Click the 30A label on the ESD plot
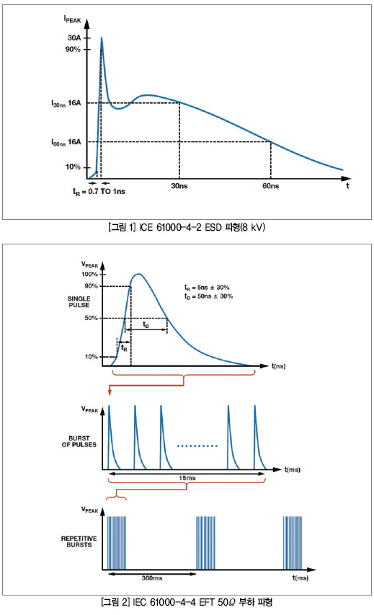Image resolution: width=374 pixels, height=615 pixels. coord(74,37)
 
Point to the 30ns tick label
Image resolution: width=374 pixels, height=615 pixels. coord(179,186)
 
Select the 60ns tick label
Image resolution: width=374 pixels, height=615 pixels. coord(271,186)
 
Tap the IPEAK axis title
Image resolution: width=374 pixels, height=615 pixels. coord(73,19)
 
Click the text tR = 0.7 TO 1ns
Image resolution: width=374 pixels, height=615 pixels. coord(99,191)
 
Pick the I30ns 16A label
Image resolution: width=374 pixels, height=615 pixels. coord(66,103)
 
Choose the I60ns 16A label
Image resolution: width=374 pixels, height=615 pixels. coord(66,142)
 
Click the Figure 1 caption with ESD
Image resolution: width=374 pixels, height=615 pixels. coord(187,227)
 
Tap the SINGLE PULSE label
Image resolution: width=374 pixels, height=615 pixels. coord(79,301)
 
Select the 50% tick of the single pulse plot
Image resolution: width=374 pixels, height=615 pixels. coord(92,318)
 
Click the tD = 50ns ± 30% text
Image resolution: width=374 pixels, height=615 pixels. coord(208,296)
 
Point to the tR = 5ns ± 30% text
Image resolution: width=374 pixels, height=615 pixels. coord(207,288)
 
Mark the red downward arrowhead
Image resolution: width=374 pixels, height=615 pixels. coord(110,392)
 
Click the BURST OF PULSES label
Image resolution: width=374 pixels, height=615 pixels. coord(79,441)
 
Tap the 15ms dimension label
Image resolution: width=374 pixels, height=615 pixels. coord(187,478)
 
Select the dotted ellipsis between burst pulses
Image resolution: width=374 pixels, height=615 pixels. coord(197,446)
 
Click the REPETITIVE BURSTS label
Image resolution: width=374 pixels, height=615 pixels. coord(79,541)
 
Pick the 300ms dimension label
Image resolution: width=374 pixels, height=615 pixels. coord(152,578)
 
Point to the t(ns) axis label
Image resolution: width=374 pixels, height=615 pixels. coord(279,366)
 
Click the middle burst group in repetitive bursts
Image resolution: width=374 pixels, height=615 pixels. coord(206,543)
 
